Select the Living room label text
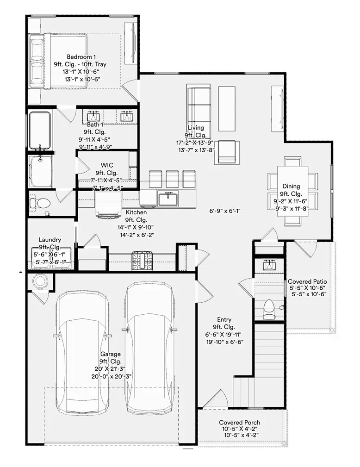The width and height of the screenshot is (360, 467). click(196, 128)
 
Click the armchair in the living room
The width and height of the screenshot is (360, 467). click(229, 152)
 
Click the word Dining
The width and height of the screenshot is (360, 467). click(291, 187)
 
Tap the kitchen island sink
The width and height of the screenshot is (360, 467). click(167, 199)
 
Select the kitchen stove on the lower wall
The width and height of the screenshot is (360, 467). click(142, 261)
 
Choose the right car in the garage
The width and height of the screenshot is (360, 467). click(149, 347)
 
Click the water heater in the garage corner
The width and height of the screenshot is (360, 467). click(40, 281)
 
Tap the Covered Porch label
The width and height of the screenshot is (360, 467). click(239, 423)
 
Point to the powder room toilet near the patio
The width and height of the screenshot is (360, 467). click(268, 309)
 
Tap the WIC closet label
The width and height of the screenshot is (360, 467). click(107, 165)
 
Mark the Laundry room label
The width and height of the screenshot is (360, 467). click(50, 240)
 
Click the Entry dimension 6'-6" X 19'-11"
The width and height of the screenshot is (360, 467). click(224, 334)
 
